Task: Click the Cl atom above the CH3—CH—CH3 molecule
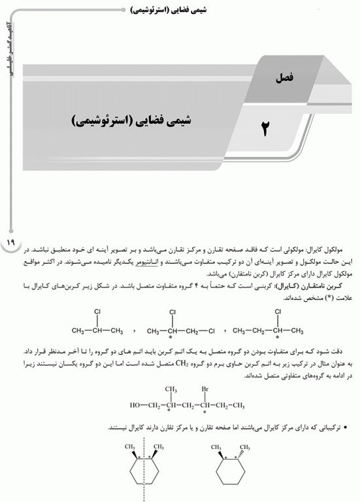point(97,312)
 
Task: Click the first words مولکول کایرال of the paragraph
point(321,250)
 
